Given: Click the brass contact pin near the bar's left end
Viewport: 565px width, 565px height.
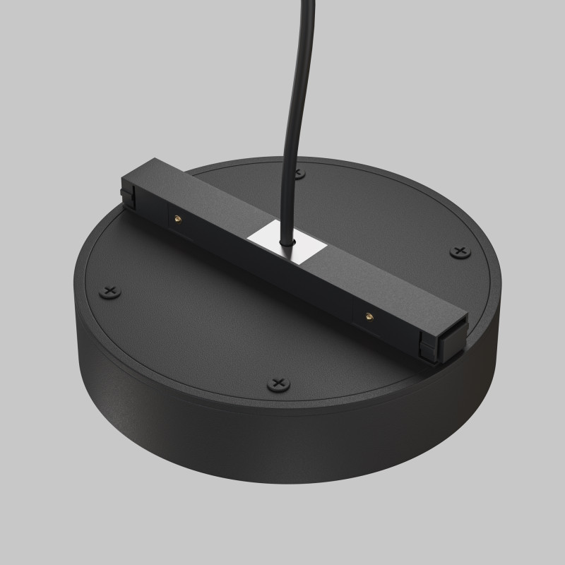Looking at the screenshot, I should point(176,219).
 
